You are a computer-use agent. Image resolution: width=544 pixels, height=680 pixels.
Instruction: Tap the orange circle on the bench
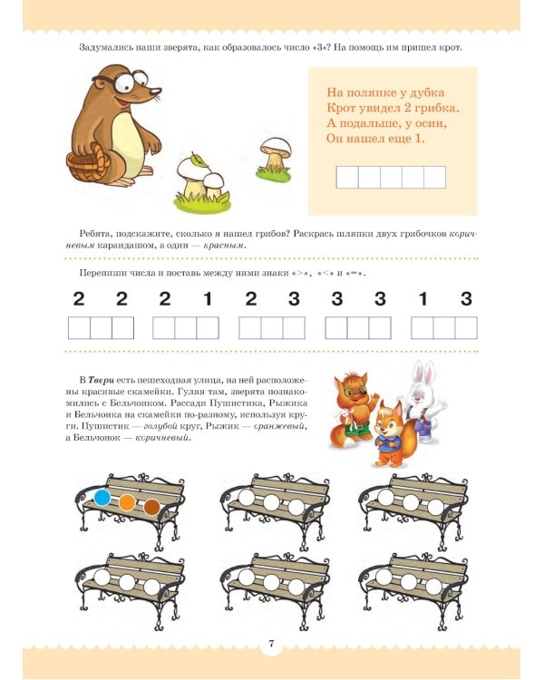(128, 502)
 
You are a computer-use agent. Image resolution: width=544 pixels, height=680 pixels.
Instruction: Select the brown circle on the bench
(151, 507)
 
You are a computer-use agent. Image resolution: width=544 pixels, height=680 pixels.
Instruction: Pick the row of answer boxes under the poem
(391, 176)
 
